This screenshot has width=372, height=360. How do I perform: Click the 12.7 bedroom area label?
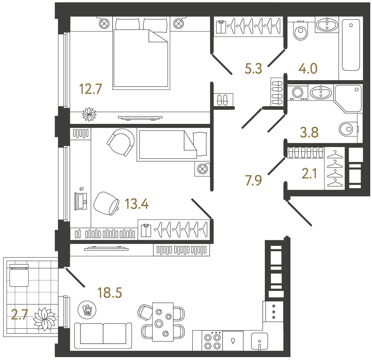click(91, 89)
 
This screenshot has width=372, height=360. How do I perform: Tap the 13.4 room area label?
click(137, 204)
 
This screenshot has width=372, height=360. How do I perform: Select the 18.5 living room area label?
click(110, 293)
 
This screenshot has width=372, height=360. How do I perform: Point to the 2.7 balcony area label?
click(20, 315)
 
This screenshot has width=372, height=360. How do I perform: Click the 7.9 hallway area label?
click(253, 180)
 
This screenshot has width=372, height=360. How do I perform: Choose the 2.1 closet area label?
click(309, 174)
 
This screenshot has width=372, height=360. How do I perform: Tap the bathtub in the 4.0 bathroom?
click(351, 45)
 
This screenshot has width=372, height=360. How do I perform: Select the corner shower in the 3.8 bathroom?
click(348, 98)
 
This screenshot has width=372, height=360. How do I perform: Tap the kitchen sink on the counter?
click(259, 341)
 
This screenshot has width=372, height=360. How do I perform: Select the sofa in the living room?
click(103, 335)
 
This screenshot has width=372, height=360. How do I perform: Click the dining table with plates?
click(163, 322)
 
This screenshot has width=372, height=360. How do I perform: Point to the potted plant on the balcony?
click(45, 319)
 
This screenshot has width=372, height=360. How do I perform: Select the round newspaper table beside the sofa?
click(87, 310)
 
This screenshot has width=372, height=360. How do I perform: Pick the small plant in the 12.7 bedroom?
click(89, 114)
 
